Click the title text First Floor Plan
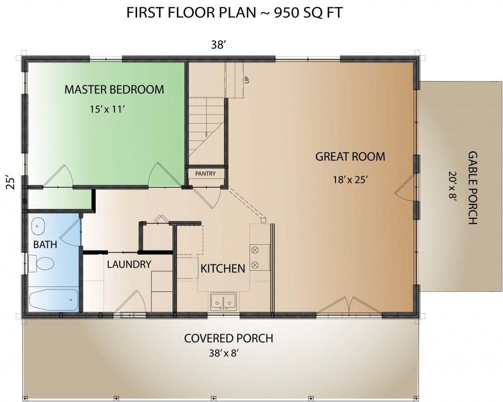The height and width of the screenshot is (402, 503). [192, 13]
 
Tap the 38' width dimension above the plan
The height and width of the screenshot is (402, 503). [219, 45]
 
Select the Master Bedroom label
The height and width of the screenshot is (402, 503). [114, 89]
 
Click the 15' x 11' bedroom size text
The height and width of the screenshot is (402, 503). [107, 110]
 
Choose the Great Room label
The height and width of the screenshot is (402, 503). [350, 157]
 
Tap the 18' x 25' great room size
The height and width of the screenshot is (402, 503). [350, 180]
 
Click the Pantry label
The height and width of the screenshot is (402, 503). [205, 173]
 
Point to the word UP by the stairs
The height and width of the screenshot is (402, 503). [247, 80]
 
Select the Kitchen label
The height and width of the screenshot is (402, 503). [223, 268]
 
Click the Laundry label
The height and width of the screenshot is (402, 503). [129, 264]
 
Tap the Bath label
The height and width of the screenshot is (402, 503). [45, 244]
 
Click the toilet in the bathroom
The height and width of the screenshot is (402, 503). [41, 264]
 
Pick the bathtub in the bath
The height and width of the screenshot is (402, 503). [54, 300]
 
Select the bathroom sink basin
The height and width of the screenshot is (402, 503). [38, 226]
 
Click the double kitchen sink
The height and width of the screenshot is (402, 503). [224, 302]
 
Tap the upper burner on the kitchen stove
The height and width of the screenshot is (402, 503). [255, 250]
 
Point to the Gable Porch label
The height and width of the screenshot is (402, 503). [473, 188]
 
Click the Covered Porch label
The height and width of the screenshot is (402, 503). [229, 338]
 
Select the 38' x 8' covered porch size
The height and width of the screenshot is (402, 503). [224, 353]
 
